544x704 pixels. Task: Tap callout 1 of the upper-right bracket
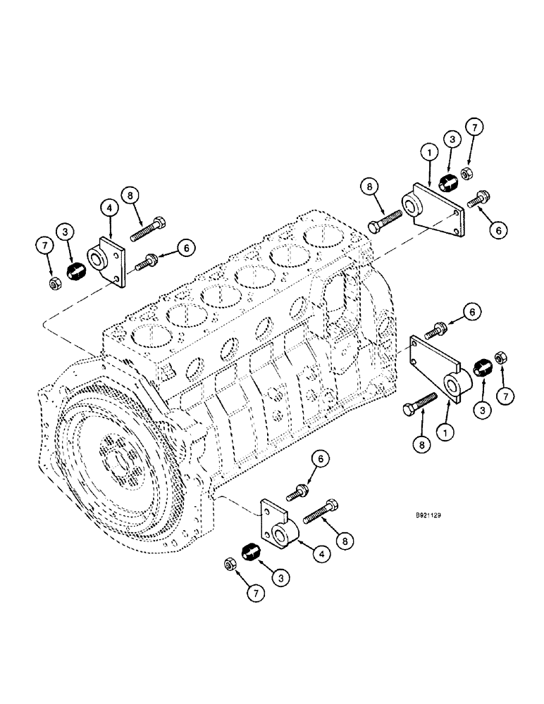click(x=426, y=151)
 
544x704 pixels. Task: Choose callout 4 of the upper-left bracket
click(x=109, y=208)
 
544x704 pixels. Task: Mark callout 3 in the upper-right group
click(x=452, y=139)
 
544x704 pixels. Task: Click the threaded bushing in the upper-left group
click(x=74, y=270)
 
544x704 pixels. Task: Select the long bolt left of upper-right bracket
click(x=383, y=217)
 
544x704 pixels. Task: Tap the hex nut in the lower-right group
click(x=501, y=357)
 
